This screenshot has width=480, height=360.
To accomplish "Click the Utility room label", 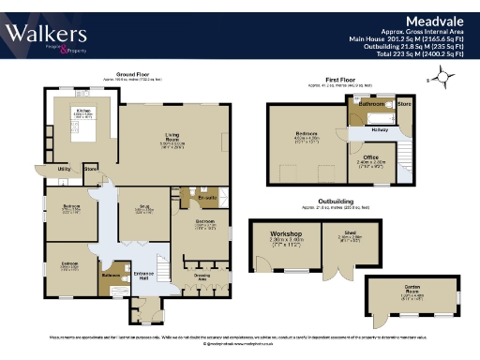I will [65, 169].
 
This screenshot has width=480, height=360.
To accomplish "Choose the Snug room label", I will [143, 208].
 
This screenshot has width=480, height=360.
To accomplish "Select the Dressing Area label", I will [202, 277].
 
